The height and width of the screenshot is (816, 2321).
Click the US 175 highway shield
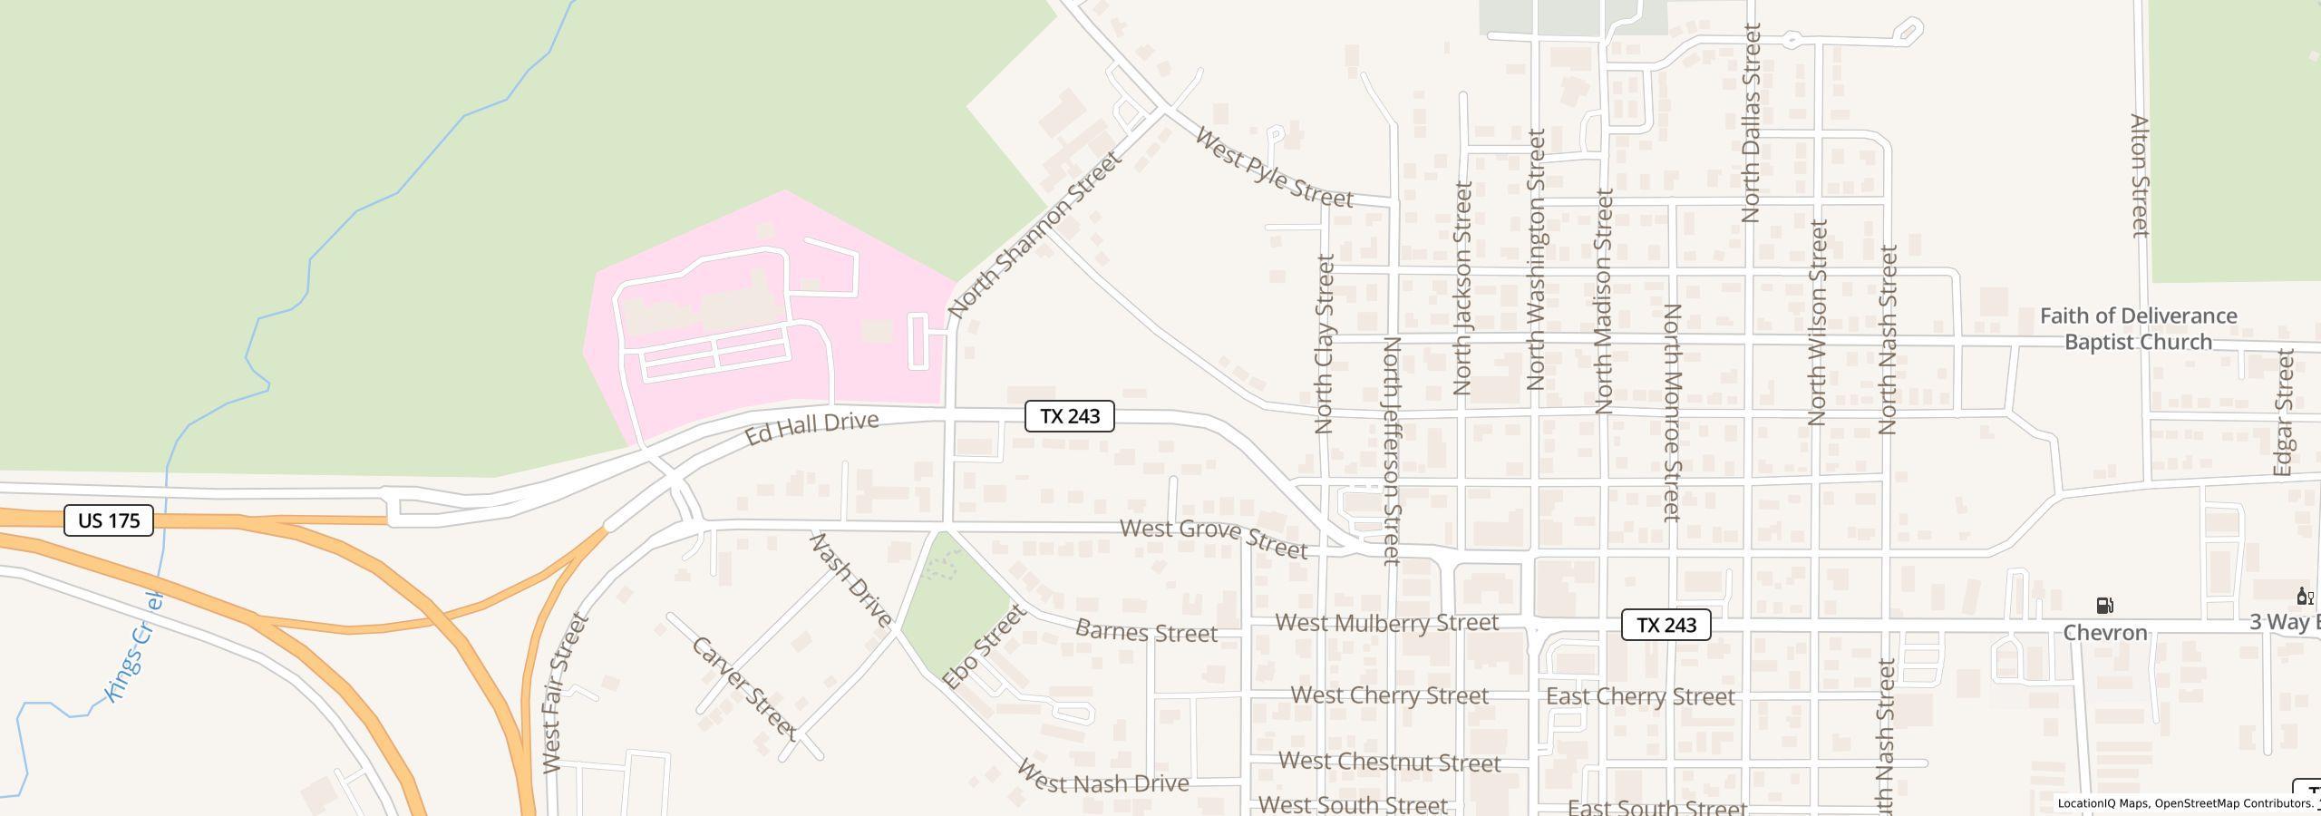pos(109,520)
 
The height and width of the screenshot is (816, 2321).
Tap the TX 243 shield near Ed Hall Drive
pos(1069,416)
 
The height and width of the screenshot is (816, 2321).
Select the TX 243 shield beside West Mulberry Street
pos(1665,625)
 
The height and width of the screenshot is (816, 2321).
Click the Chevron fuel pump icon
pos(2105,606)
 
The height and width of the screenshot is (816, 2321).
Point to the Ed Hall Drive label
pos(811,428)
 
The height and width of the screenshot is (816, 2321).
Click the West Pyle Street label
pos(1274,169)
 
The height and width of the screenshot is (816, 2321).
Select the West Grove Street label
pos(1214,539)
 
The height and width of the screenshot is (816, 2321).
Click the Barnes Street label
pos(1146,632)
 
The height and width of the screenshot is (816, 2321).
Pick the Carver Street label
pos(744,688)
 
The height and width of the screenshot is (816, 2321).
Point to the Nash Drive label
pos(850,580)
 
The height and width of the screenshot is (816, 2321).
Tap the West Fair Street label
pos(566,693)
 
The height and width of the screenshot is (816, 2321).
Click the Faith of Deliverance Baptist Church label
pos(2139,328)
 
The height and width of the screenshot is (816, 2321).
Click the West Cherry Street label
pos(1389,695)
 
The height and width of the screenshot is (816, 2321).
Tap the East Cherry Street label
pos(1640,696)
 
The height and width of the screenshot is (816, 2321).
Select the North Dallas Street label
pos(1751,123)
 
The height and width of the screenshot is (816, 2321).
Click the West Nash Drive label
pos(1102,778)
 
